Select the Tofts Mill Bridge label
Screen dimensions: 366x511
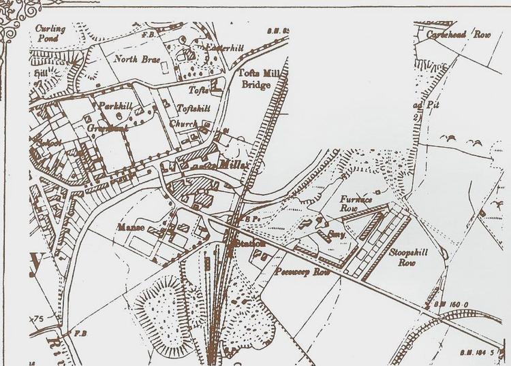pos(256,78)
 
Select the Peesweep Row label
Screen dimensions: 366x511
pos(296,271)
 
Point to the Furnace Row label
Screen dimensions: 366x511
pos(354,205)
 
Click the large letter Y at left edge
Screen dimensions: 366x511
pos(36,260)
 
